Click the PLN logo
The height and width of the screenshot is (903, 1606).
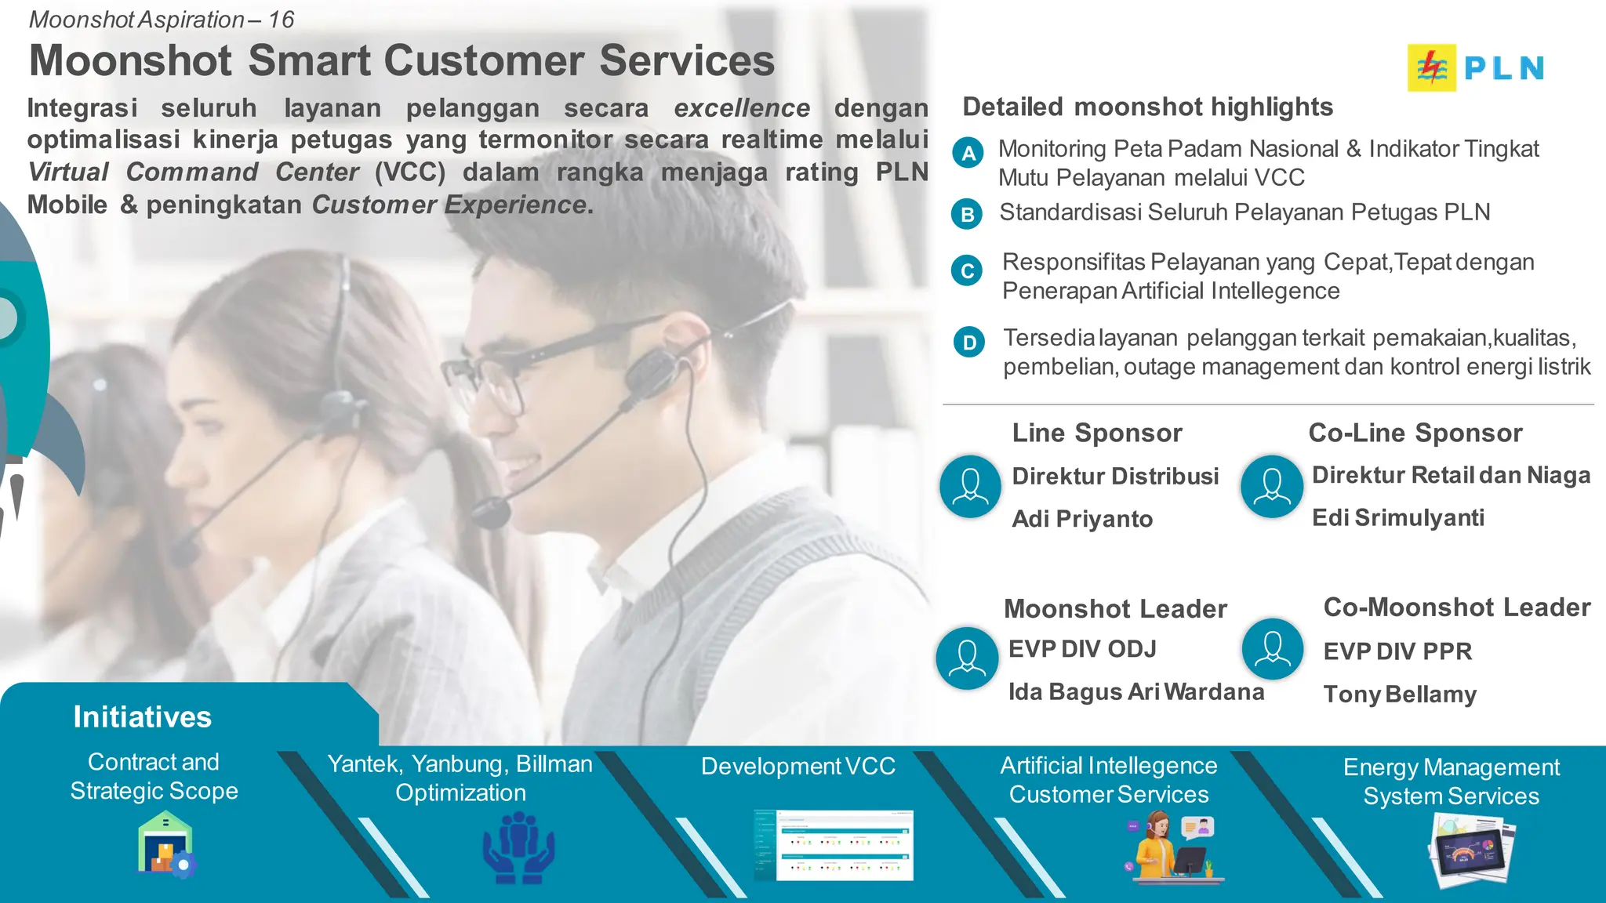[x=1476, y=68]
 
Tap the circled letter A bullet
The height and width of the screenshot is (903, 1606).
[x=968, y=153]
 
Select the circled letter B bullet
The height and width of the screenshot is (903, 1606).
[x=968, y=214]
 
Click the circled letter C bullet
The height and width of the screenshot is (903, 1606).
[x=968, y=271]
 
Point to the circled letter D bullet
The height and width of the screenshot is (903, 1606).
[x=969, y=342]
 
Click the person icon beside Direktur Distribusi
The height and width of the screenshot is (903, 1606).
[x=970, y=487]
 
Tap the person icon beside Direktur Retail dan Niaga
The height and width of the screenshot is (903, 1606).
[x=1271, y=487]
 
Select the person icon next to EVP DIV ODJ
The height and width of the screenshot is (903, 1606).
[x=967, y=658]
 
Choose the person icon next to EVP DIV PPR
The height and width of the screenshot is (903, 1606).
[x=1272, y=649]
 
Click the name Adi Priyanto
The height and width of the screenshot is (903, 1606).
[x=1082, y=519]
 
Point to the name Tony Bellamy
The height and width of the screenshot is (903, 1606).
[x=1400, y=694]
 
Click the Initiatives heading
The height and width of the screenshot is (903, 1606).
[x=142, y=717]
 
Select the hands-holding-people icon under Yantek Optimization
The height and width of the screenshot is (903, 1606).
[x=518, y=848]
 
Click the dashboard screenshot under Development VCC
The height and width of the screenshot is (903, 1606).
[x=834, y=846]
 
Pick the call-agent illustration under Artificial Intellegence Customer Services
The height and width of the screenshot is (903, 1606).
[x=1172, y=848]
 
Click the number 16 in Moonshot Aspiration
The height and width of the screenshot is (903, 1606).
[x=281, y=20]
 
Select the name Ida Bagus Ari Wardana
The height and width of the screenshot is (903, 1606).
[x=1135, y=692]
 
